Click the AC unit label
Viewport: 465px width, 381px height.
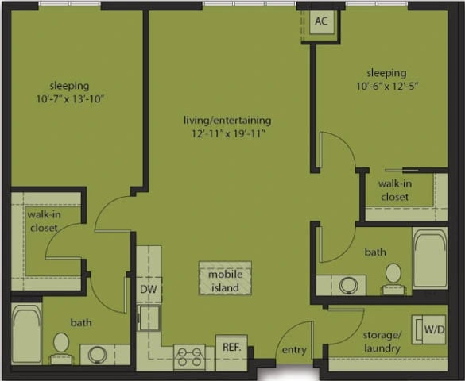321,21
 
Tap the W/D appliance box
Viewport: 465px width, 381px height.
433,329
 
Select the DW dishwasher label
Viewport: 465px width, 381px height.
149,290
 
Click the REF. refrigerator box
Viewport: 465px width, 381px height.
231,348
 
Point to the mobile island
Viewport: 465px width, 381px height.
225,281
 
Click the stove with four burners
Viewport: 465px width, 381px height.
189,356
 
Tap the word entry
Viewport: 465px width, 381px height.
294,350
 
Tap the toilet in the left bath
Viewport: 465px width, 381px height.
61,345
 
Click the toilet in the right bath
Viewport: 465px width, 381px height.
393,275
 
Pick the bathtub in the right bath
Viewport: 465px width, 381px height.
429,260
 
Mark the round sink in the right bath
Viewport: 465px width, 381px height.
347,283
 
